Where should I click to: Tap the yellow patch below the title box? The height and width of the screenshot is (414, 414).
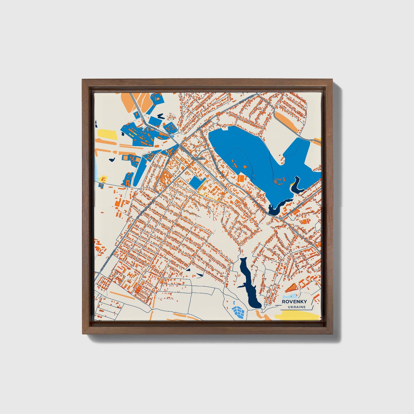coord(297,316)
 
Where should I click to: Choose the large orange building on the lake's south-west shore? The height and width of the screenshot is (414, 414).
coord(242,178)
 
